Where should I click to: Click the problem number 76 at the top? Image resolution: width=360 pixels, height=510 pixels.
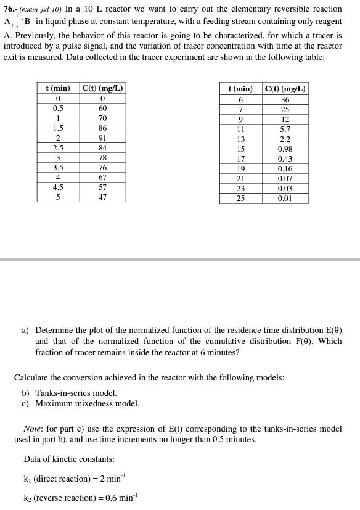(x=9, y=9)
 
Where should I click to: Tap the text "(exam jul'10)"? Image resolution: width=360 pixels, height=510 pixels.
(x=41, y=9)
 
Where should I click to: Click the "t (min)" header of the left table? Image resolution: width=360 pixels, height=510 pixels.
(x=58, y=88)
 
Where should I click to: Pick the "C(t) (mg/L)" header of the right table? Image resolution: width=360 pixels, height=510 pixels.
(x=285, y=88)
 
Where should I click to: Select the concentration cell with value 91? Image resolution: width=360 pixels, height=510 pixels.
(x=102, y=138)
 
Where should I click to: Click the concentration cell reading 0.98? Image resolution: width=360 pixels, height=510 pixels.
(x=285, y=149)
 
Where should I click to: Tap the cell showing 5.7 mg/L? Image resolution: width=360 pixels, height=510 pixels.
(x=285, y=130)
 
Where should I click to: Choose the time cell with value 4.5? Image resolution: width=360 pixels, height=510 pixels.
(x=58, y=187)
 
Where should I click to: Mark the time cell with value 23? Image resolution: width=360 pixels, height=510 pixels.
(x=240, y=189)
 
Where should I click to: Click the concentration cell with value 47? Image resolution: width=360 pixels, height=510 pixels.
(x=102, y=197)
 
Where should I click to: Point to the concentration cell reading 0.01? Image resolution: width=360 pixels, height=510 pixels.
(x=285, y=199)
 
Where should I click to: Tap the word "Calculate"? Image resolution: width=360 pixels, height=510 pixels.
(x=33, y=377)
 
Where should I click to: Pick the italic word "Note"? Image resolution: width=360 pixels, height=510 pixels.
(x=32, y=429)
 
